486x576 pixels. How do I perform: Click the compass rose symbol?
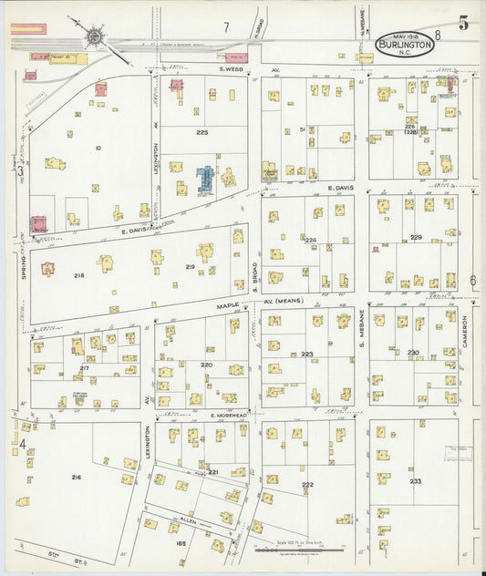[x=95, y=37]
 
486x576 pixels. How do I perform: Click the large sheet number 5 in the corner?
[x=464, y=24]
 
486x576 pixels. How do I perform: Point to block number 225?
[x=202, y=133]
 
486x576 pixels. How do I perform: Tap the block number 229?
[x=416, y=238]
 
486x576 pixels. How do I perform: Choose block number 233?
[x=416, y=481]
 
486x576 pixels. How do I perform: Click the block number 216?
[x=76, y=478]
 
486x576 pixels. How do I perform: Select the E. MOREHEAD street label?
[x=228, y=415]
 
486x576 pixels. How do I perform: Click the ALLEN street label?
[x=191, y=515]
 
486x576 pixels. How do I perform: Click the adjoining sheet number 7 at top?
[x=225, y=27]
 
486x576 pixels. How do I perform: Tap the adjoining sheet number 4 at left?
[x=20, y=445]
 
